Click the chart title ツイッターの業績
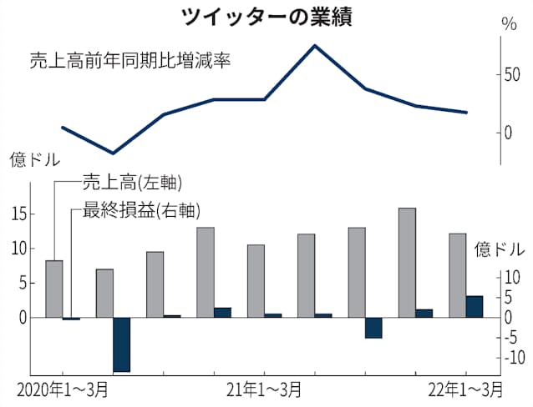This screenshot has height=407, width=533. (x=266, y=16)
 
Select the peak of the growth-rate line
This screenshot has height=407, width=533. (x=314, y=45)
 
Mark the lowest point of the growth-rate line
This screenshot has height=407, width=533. (x=113, y=153)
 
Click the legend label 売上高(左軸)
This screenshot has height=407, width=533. (x=132, y=182)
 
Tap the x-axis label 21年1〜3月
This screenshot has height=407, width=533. (x=266, y=389)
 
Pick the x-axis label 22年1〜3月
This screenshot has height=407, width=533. (x=465, y=389)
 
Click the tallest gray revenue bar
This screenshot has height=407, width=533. (x=407, y=263)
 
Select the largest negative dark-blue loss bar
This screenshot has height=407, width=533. (x=122, y=344)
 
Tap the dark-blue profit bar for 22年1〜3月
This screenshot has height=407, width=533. (x=474, y=307)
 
